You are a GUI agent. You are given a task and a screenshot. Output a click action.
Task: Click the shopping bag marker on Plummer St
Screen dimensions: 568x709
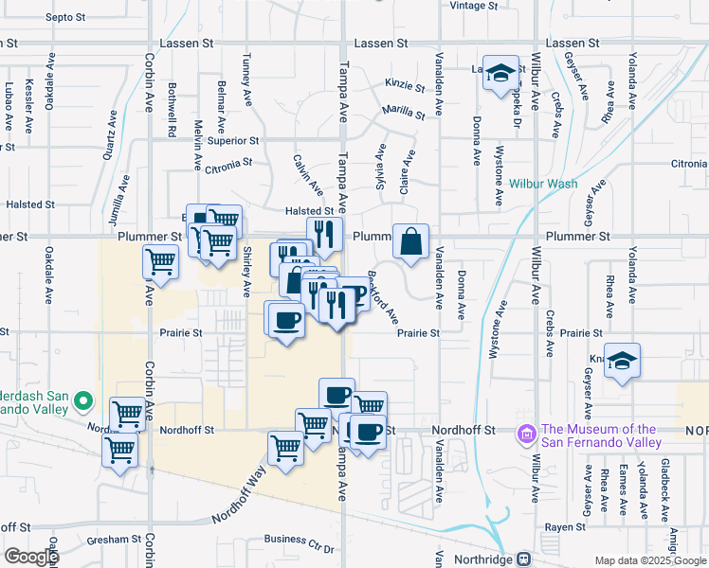click(x=410, y=242)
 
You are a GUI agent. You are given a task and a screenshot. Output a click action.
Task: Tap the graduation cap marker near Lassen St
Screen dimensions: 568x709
click(x=501, y=74)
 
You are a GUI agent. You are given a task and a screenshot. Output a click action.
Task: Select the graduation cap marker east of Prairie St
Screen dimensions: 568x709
click(x=622, y=361)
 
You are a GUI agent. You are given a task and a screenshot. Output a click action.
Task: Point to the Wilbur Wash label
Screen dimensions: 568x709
click(x=542, y=184)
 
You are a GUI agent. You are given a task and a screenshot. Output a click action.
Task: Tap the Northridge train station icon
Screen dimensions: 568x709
click(x=522, y=559)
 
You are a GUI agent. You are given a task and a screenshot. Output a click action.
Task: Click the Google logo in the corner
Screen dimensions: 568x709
click(x=31, y=557)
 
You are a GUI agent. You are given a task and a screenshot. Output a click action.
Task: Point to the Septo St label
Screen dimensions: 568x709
click(x=65, y=18)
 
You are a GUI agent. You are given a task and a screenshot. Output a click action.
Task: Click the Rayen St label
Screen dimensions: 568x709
click(x=562, y=526)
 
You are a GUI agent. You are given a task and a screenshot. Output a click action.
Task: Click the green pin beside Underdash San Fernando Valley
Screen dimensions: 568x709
click(x=83, y=401)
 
